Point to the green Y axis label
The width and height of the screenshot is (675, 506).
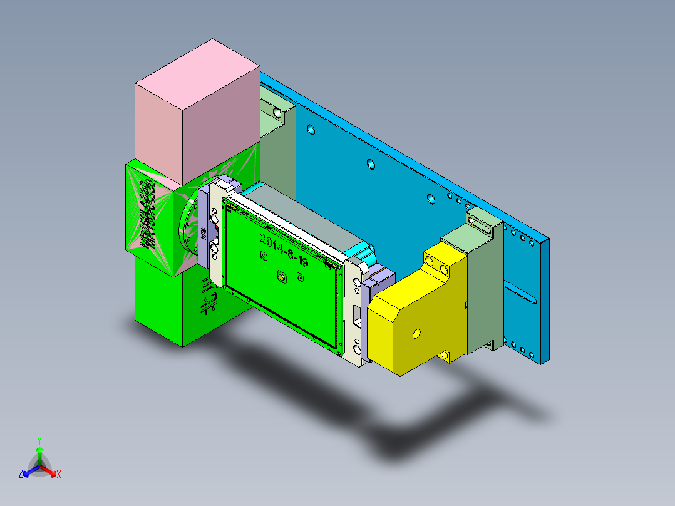click(x=39, y=440)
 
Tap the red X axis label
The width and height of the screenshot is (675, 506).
click(x=59, y=475)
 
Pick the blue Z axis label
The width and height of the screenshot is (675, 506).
click(x=20, y=475)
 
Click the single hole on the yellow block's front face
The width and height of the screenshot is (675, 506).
click(x=415, y=335)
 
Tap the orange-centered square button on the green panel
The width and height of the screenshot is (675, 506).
click(x=281, y=276)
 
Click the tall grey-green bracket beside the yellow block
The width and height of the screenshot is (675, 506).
click(x=485, y=294)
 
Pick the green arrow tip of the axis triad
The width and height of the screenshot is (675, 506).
click(x=39, y=450)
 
